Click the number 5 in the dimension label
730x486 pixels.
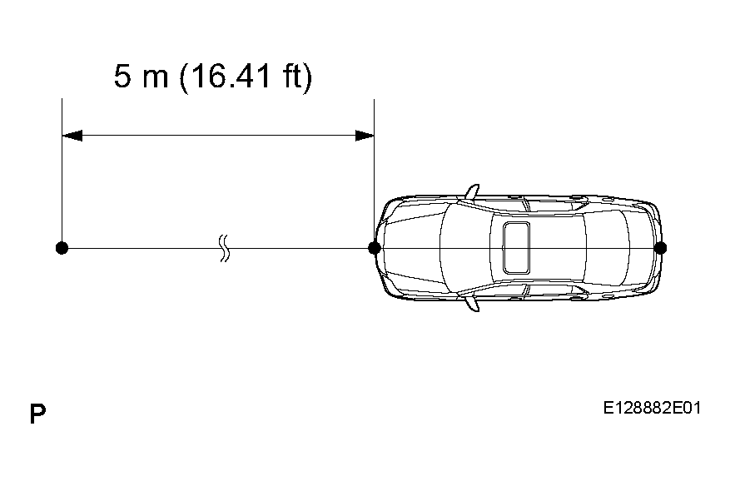122,76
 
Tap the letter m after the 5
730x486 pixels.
155,79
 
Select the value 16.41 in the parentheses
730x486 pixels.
230,76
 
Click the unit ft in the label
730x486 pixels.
293,76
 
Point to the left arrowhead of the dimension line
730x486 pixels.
72,136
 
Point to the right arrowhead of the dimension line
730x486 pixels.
364,136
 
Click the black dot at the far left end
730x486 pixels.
62,248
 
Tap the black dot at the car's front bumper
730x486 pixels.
375,248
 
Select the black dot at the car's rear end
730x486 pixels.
660,248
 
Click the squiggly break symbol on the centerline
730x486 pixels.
225,248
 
